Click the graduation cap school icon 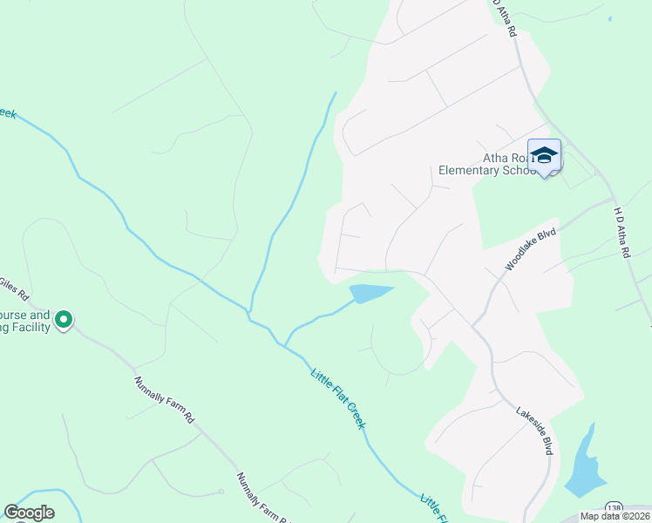click(x=544, y=156)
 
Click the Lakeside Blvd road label click(x=533, y=431)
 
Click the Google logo click(x=29, y=513)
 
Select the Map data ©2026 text click(x=615, y=516)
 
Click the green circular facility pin click(x=63, y=320)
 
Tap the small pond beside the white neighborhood click(x=370, y=293)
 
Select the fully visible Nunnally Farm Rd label click(x=164, y=399)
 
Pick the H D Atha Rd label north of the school click(x=506, y=17)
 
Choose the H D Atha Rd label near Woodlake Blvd click(x=621, y=232)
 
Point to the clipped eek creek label click(x=8, y=113)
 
